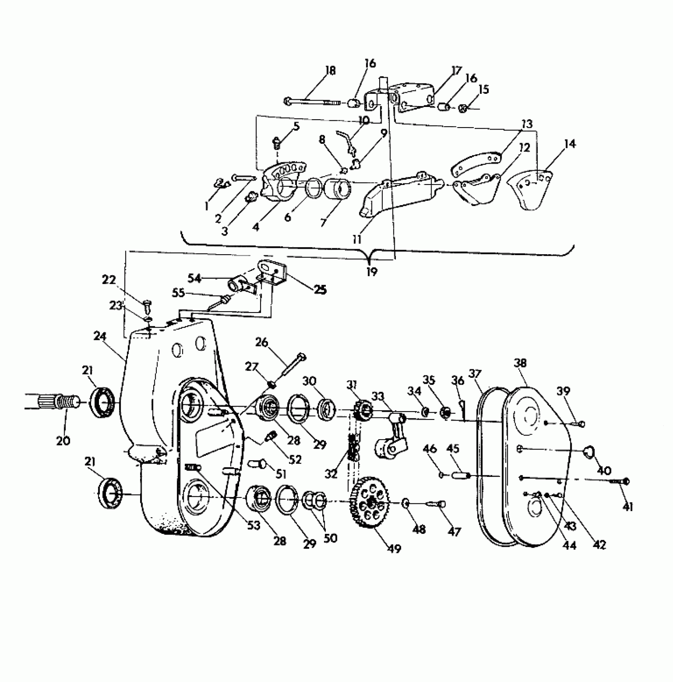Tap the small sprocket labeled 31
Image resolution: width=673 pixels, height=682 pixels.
click(362, 412)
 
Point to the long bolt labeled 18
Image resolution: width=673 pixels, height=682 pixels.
click(313, 102)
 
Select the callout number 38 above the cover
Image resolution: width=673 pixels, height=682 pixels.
click(521, 363)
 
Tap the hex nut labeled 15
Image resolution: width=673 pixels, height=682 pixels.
click(463, 108)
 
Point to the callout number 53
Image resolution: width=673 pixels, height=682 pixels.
click(253, 526)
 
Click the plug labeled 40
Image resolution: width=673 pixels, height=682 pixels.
click(591, 451)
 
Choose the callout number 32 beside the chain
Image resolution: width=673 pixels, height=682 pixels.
click(332, 473)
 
